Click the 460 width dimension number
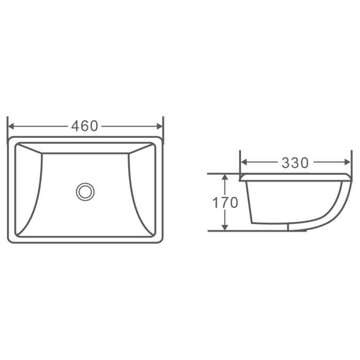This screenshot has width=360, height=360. (x=85, y=126)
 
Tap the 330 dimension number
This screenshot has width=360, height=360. (x=295, y=163)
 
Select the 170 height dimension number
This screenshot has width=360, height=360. (x=225, y=203)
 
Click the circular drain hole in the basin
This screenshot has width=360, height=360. (x=85, y=191)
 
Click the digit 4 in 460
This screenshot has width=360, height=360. (x=76, y=126)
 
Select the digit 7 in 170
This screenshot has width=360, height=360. (x=224, y=203)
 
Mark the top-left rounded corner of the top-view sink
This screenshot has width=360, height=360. (x=11, y=140)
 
